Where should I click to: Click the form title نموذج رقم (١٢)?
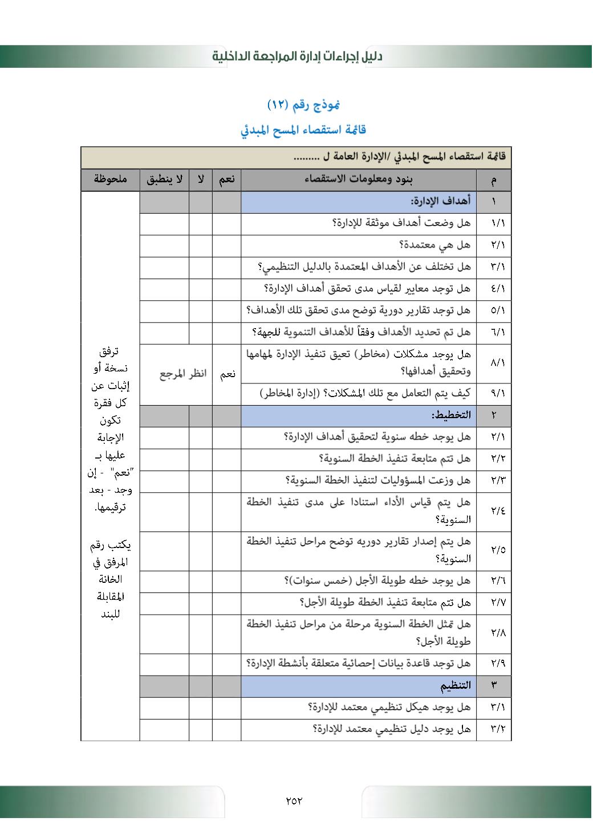303,105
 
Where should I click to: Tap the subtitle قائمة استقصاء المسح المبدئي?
303,130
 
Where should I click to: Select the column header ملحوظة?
110,179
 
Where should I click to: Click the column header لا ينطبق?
164,179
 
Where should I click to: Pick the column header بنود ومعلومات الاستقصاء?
359,179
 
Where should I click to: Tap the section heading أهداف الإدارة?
441,201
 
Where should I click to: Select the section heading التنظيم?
455,685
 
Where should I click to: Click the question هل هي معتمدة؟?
434,245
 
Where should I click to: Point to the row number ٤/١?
497,289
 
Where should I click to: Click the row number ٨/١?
497,363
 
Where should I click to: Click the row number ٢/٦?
497,581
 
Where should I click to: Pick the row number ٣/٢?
497,729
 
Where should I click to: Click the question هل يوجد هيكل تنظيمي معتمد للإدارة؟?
389,707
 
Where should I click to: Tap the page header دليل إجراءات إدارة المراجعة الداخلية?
297,56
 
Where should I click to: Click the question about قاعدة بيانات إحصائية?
359,664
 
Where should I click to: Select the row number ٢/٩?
497,664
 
